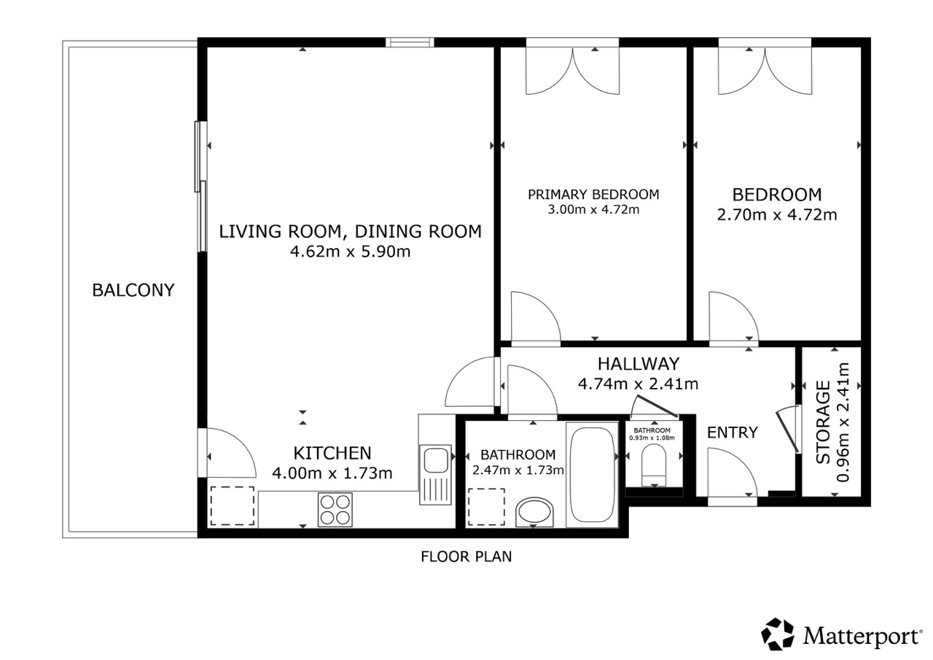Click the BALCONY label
133,290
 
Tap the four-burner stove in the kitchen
335,509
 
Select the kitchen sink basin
435,460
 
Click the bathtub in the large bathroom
592,475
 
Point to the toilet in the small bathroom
654,465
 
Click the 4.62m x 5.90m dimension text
351,252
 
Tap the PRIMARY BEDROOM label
593,195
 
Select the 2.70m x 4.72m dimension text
777,214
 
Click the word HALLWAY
639,364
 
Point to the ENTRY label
733,432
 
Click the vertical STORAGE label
823,422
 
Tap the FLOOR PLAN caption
466,556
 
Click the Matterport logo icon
778,634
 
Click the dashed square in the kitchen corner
233,506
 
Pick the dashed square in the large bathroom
486,507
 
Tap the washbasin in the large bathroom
534,511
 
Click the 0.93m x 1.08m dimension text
652,438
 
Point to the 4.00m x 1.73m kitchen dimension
332,473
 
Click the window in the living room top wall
410,42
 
